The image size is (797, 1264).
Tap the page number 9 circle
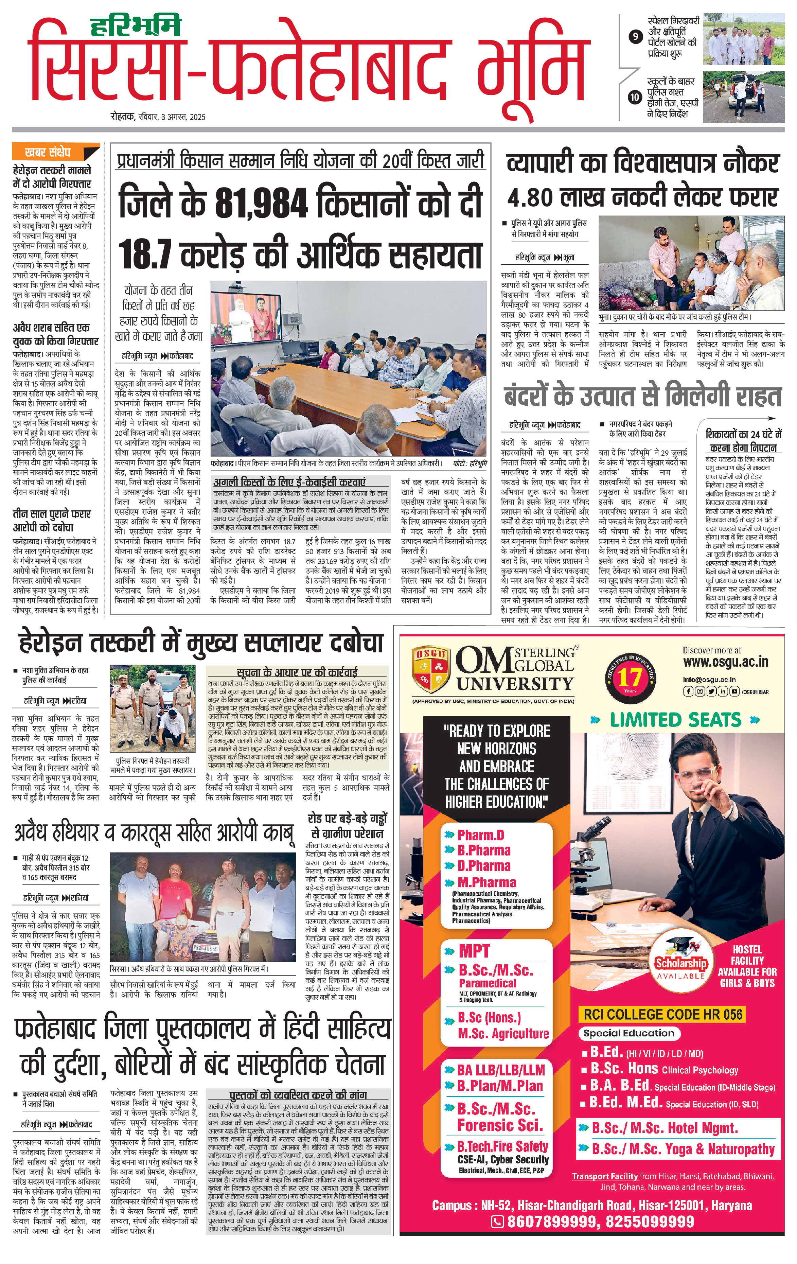[x=636, y=37]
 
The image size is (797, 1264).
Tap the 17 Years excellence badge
[x=630, y=677]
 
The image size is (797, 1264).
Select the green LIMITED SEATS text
[x=675, y=720]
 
